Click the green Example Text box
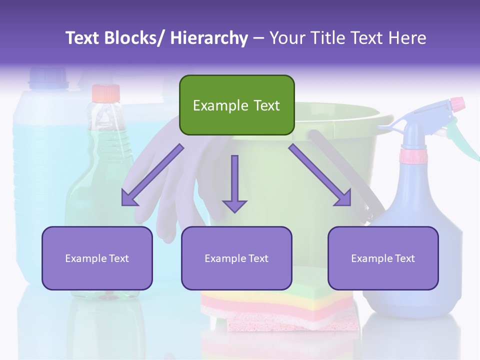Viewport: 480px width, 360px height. [x=236, y=105]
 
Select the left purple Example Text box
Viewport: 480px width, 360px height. [x=97, y=258]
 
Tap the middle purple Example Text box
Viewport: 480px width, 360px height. [x=236, y=258]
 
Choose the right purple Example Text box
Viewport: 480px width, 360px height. [x=383, y=258]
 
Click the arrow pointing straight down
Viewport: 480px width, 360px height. [x=234, y=183]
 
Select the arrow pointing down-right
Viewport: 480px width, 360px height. [x=320, y=175]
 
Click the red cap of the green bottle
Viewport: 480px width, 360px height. [x=106, y=93]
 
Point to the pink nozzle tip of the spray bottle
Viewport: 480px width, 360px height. [x=457, y=104]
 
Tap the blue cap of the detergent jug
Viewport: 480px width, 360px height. [x=48, y=78]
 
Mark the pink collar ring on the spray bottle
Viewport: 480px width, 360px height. [x=414, y=156]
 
